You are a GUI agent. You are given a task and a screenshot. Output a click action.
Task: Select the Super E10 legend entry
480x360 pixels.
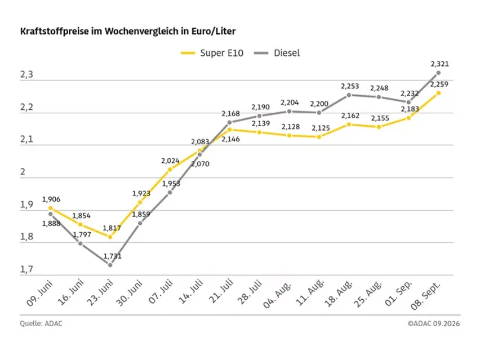pos(212,53)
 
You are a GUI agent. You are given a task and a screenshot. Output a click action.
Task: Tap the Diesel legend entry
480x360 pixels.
pos(277,53)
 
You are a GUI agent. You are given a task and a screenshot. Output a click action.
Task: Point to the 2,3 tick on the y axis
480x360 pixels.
pos(26,75)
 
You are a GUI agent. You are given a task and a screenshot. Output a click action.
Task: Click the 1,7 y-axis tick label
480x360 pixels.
pos(26,269)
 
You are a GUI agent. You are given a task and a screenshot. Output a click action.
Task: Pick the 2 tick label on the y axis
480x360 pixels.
pos(23,172)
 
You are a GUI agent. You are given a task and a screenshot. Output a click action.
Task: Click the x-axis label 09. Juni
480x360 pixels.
pos(40,293)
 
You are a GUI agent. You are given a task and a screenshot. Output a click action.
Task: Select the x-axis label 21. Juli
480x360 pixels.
pos(221,291)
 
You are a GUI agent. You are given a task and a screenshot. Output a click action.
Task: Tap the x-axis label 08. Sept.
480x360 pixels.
pos(425,296)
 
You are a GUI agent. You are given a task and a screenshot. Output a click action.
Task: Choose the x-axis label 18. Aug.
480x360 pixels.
pos(339,294)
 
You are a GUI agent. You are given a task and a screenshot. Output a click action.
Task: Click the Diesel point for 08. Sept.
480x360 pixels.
pos(438,73)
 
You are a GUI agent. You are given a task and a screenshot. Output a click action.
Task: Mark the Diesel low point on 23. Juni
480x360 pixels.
pos(110,265)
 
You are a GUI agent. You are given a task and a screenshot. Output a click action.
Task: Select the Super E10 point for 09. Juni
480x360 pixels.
pos(51,208)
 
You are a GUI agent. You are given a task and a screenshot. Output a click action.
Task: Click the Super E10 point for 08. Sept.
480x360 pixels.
pos(438,93)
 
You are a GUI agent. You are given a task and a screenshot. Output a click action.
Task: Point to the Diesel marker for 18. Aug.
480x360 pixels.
pos(349,95)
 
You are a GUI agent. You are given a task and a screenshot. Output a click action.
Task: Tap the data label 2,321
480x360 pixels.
pos(439,64)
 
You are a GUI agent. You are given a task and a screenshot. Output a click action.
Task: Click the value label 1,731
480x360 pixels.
pos(112,256)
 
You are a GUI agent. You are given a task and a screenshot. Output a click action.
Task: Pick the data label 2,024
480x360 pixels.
pos(171,161)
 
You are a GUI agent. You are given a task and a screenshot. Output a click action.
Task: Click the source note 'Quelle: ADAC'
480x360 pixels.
pos(41,323)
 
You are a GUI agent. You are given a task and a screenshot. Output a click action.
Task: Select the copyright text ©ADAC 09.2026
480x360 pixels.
pos(434,323)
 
